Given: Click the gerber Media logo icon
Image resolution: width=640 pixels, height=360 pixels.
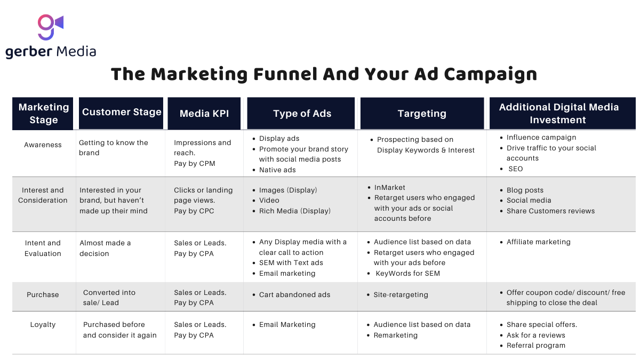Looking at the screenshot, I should [50, 27].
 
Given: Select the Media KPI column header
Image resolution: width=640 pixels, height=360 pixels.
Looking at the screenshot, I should [204, 114].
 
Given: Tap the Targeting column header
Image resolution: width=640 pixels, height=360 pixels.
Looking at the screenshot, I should [422, 114].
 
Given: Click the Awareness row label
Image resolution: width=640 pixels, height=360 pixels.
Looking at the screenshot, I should [43, 145].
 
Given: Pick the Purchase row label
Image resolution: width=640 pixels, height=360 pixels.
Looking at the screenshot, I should [43, 295].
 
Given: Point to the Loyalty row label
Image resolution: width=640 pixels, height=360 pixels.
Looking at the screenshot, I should [43, 325].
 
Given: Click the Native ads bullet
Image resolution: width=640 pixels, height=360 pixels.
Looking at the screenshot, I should [277, 170].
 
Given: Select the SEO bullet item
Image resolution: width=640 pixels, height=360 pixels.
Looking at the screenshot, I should [515, 169].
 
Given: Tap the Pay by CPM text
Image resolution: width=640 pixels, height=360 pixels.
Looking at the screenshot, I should [195, 164].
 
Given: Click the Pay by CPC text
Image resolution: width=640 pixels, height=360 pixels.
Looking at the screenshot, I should [194, 211].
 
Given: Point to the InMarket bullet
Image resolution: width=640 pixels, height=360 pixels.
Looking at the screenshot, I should [389, 188].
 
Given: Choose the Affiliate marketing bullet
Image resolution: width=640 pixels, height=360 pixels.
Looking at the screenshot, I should [538, 242].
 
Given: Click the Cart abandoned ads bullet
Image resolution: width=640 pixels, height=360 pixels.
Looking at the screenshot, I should [294, 295].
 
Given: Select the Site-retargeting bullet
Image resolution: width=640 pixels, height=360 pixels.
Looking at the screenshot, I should [401, 295].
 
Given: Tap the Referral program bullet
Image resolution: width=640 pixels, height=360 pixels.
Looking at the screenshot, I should [535, 346].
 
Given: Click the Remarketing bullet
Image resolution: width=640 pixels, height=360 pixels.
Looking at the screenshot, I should [395, 335].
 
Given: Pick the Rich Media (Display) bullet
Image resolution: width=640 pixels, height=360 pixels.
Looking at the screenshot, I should [294, 211].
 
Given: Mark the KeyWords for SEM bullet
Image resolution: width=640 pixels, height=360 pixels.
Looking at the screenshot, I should [407, 274].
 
